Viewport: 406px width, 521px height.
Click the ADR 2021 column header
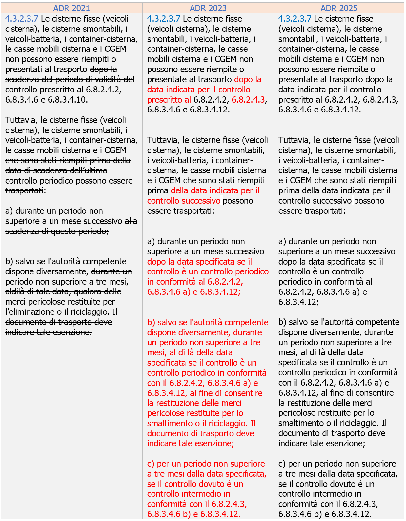71,8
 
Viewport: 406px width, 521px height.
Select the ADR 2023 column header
208,8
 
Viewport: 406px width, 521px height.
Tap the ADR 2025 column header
339,8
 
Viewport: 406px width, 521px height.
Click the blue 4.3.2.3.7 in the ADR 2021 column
22,19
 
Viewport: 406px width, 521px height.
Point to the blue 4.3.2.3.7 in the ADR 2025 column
295,19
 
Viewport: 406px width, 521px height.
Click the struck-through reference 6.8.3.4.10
68,100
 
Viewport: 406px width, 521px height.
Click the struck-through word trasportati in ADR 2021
24,191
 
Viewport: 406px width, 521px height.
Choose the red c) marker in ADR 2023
151,464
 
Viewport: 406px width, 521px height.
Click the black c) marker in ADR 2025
282,464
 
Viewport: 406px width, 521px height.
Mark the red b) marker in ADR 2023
151,323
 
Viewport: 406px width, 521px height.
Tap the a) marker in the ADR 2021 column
9,211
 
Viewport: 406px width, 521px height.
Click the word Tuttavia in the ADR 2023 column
163,140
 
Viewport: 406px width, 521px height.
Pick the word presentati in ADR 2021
25,70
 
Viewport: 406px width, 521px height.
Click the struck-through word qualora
98,292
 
